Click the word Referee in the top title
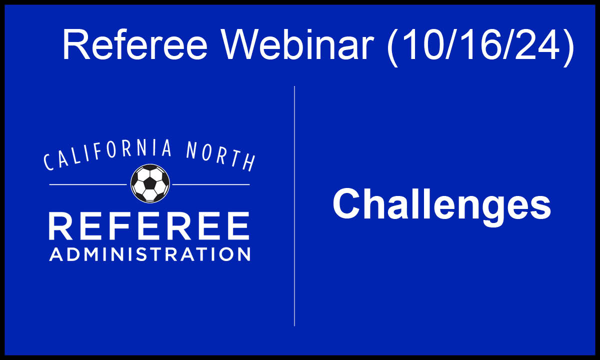pyautogui.click(x=134, y=44)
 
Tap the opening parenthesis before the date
pyautogui.click(x=392, y=47)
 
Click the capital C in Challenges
pyautogui.click(x=345, y=203)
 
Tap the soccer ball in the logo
pyautogui.click(x=150, y=183)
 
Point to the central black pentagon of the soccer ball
pyautogui.click(x=150, y=183)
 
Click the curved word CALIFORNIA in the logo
pyautogui.click(x=107, y=155)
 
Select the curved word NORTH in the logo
pyautogui.click(x=220, y=156)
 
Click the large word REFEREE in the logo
pyautogui.click(x=149, y=226)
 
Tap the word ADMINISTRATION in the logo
pyautogui.click(x=149, y=254)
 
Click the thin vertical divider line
pyautogui.click(x=294, y=206)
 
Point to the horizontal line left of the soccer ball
pyautogui.click(x=88, y=184)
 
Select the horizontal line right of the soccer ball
pyautogui.click(x=211, y=184)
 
